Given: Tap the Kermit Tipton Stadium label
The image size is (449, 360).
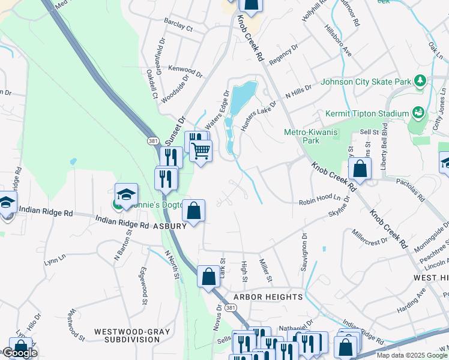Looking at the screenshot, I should click(x=366, y=113).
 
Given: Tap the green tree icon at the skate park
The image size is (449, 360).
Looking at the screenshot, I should click(x=420, y=80).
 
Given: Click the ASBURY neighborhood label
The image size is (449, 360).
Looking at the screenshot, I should click(x=169, y=226).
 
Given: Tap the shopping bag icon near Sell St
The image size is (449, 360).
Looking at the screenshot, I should click(x=359, y=169).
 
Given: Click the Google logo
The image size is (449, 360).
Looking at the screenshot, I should click(x=20, y=353).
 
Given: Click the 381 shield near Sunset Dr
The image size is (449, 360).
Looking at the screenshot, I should click(x=153, y=140).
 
